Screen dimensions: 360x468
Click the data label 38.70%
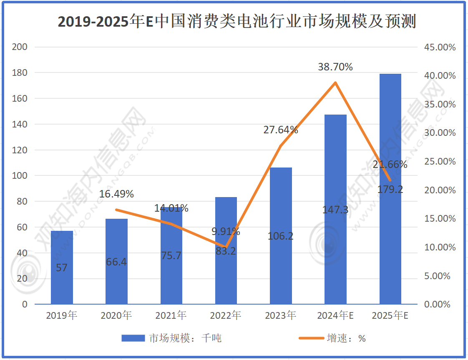pos(335,67)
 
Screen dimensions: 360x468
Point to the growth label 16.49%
pos(116,194)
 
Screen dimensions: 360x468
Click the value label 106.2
pos(281,236)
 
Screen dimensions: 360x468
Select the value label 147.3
pos(335,210)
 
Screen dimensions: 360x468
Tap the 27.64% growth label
pos(281,130)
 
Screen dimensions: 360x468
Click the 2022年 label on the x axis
pos(226,315)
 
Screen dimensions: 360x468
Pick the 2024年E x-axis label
pos(335,315)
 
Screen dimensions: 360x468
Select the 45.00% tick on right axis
pos(440,47)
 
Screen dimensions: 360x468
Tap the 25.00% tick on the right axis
pos(440,162)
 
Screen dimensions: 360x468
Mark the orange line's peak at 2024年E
pos(335,82)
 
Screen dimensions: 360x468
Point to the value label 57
pos(62,267)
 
